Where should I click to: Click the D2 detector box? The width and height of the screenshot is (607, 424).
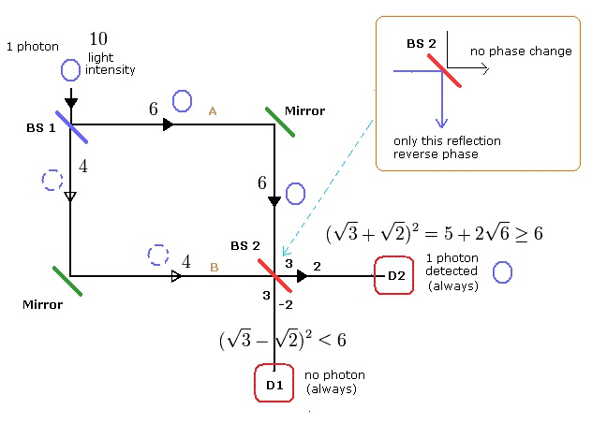point(394,275)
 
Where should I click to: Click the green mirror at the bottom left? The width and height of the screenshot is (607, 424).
point(67,282)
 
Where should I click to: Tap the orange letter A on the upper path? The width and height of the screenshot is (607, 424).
point(213,110)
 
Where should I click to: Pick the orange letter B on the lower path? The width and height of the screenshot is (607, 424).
point(214,268)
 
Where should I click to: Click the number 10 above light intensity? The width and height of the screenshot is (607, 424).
point(99,38)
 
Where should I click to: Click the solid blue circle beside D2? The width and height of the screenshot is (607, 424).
point(502,272)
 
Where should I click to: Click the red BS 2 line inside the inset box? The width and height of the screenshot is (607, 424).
point(443,69)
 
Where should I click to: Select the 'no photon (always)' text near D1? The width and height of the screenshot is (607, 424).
point(334,382)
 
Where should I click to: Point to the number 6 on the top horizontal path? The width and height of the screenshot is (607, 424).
point(153,109)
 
